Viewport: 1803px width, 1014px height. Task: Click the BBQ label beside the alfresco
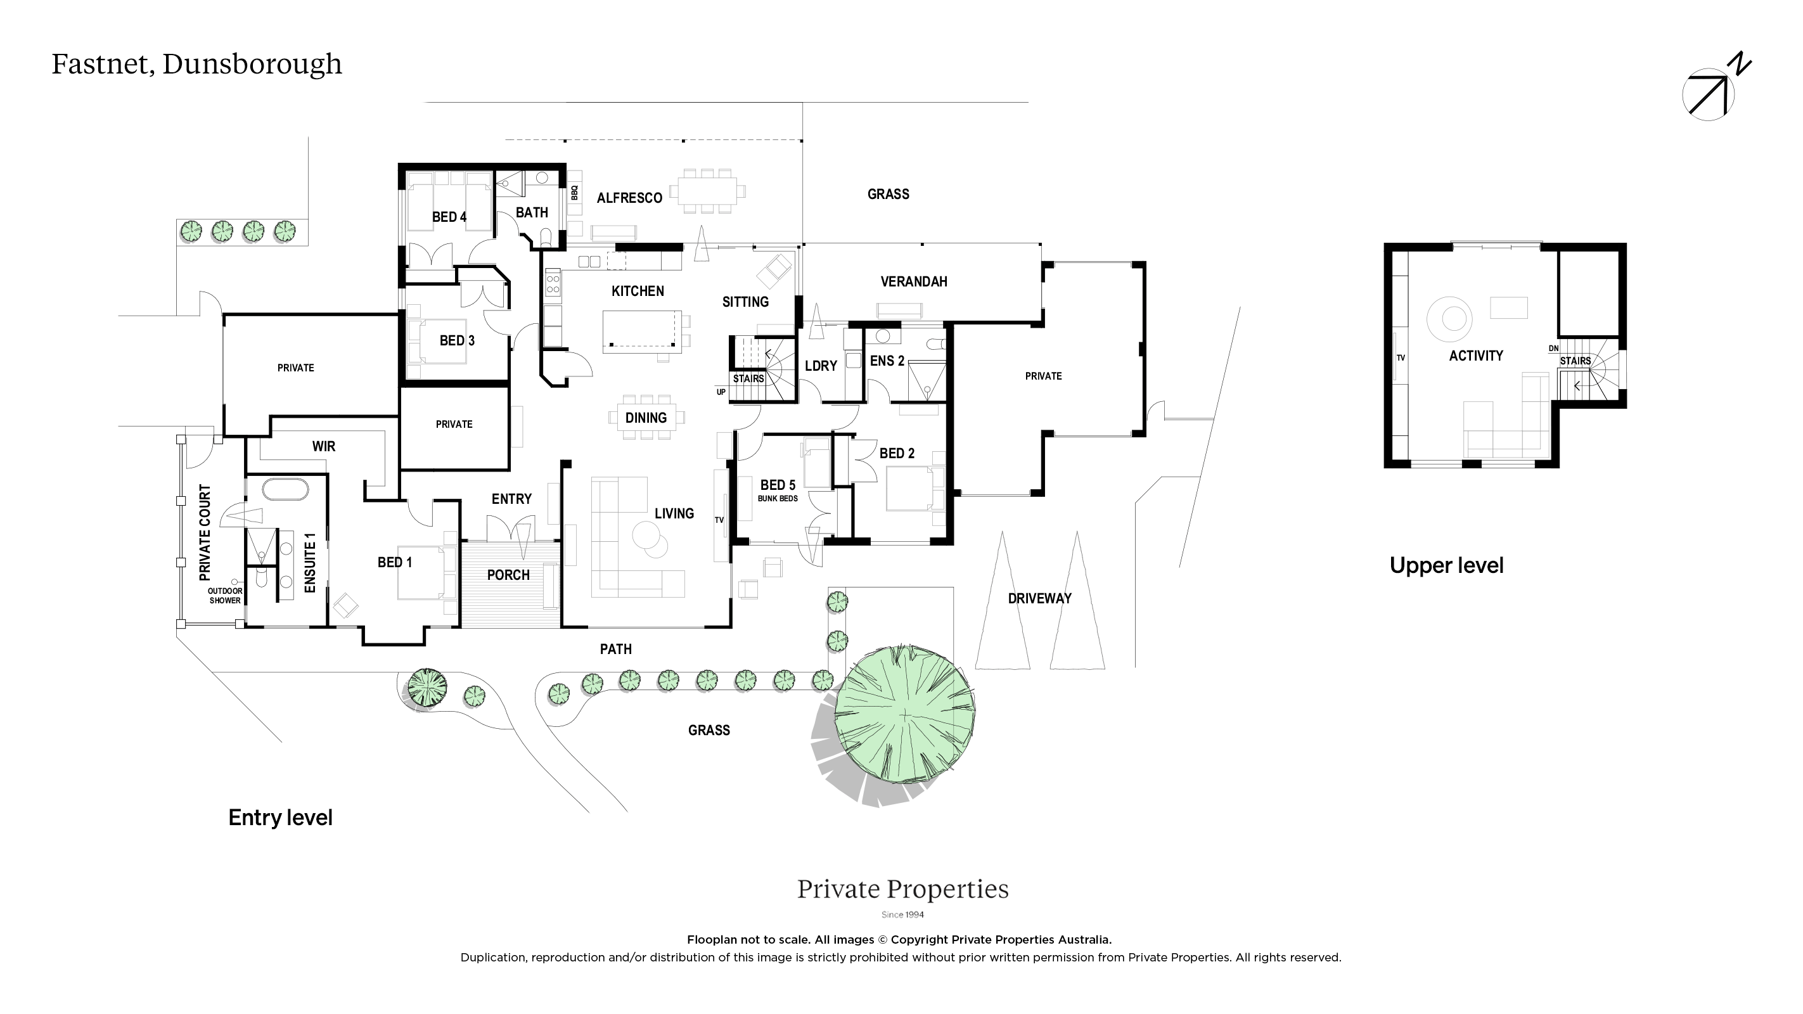[575, 192]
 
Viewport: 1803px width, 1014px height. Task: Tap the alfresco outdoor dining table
[707, 190]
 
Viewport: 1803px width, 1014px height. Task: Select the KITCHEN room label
[638, 291]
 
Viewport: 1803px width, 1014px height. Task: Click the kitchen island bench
[642, 331]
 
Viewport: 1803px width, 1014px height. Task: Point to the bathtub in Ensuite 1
[285, 490]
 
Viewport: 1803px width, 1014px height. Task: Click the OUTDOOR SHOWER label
[225, 596]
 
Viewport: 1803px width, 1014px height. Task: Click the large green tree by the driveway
[905, 714]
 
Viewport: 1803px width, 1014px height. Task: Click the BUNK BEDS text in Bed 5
[778, 498]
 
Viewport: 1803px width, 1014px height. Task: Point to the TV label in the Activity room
[1401, 357]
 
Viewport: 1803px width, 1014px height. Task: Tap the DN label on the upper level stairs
[1554, 349]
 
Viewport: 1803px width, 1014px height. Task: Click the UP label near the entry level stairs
[721, 392]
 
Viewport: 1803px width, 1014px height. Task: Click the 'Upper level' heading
[1446, 565]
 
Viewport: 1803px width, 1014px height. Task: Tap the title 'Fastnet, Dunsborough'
[196, 63]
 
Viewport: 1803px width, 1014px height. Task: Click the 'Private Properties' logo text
[903, 889]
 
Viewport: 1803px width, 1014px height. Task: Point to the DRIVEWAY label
[1039, 598]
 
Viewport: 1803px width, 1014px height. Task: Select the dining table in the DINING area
[645, 418]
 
